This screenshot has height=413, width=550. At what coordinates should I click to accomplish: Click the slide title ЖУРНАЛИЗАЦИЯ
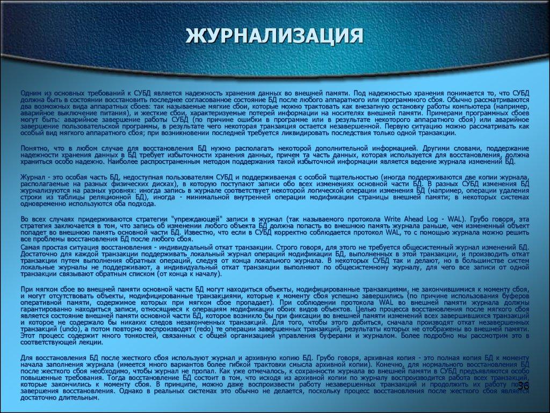(x=274, y=37)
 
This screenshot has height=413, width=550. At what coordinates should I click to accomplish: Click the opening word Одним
(x=31, y=93)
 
